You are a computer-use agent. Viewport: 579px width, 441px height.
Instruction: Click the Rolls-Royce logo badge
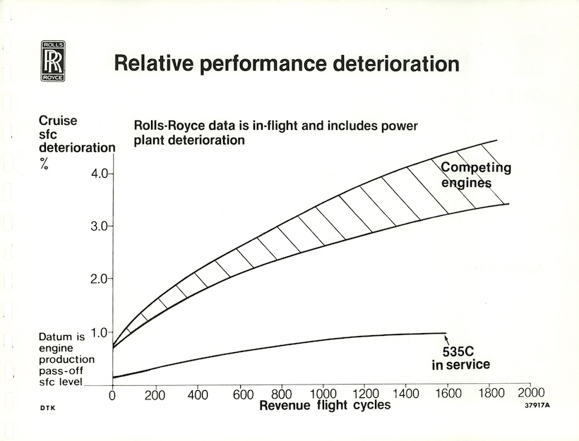53,60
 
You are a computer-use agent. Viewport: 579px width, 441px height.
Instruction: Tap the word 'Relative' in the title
155,64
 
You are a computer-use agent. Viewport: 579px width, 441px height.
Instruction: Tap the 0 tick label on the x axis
112,395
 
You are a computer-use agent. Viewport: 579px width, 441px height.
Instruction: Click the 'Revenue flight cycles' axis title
325,406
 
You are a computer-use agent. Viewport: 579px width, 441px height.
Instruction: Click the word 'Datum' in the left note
54,337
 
